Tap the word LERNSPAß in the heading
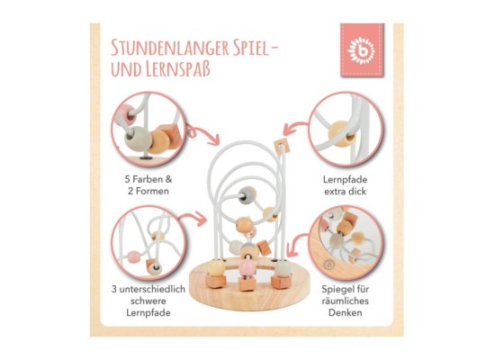(178, 69)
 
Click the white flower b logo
(361, 50)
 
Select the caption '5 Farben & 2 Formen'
(148, 185)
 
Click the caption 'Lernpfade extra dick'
(345, 185)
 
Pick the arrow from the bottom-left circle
(193, 219)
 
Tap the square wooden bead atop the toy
(282, 146)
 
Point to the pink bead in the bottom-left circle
(133, 256)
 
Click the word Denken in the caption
(345, 312)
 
